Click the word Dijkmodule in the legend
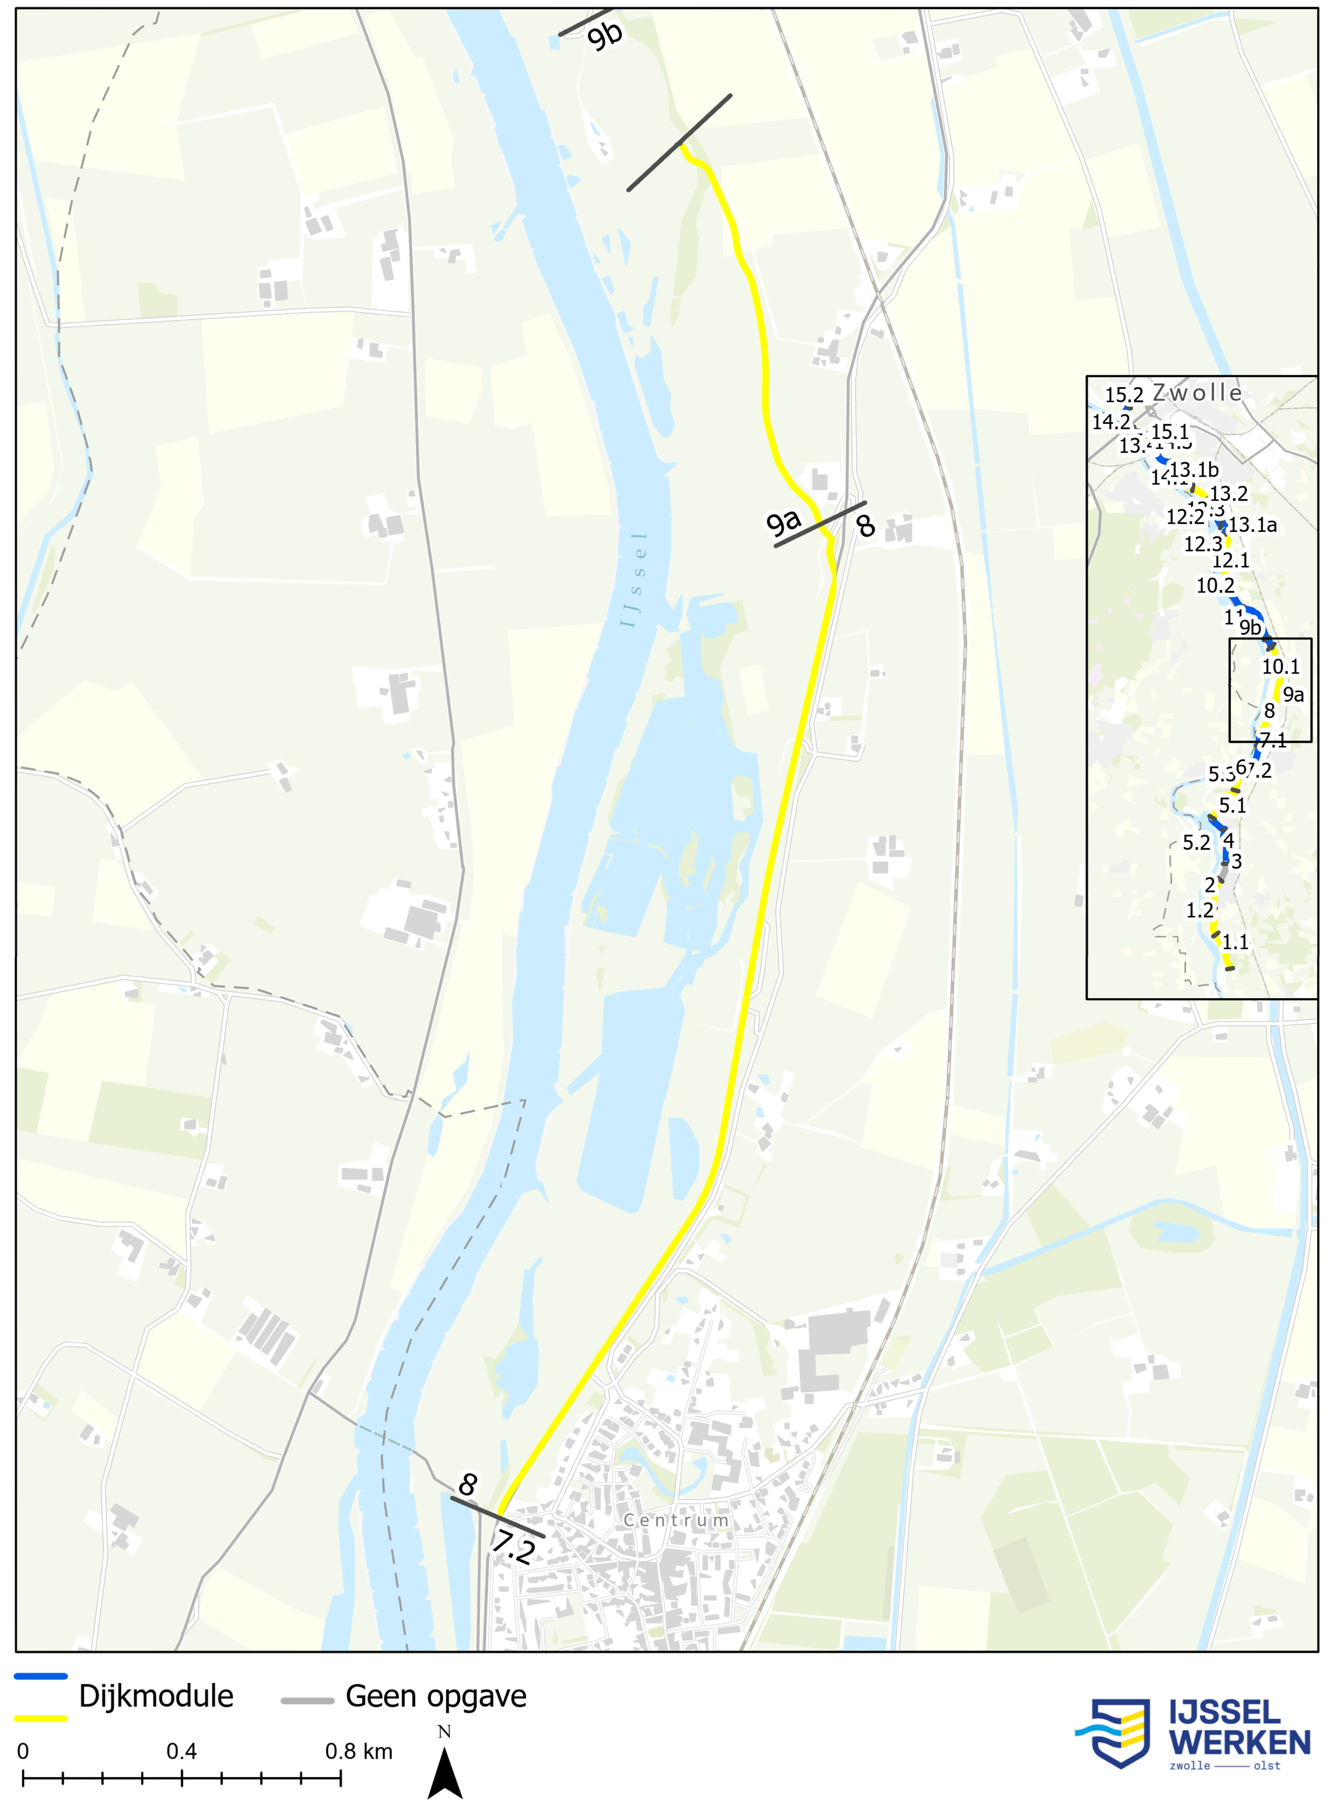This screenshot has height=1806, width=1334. pyautogui.click(x=156, y=1696)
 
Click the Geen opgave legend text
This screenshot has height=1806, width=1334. pyautogui.click(x=436, y=1696)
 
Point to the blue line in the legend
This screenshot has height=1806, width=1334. pyautogui.click(x=40, y=1677)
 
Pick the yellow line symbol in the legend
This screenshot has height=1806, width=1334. pyautogui.click(x=40, y=1718)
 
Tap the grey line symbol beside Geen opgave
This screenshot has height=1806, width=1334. pyautogui.click(x=307, y=1700)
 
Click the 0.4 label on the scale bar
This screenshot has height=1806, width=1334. pyautogui.click(x=182, y=1751)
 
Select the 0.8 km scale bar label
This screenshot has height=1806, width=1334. pyautogui.click(x=359, y=1751)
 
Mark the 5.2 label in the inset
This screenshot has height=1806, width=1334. pyautogui.click(x=1197, y=843)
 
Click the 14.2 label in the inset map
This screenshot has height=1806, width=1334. pyautogui.click(x=1111, y=422)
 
